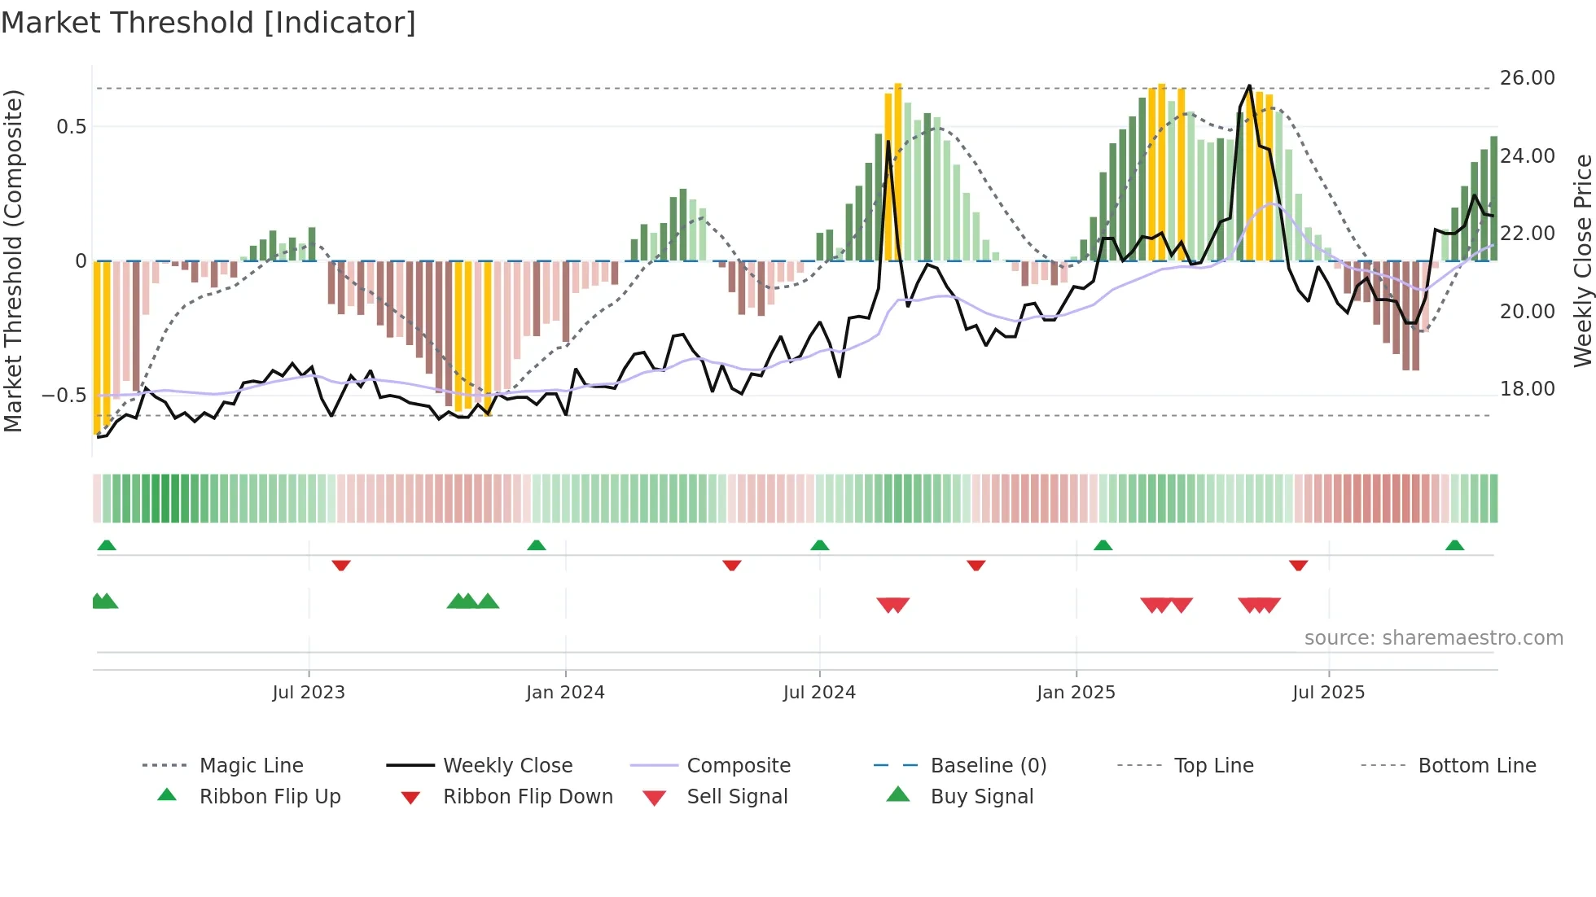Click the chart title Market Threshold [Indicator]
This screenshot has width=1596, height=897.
click(x=208, y=22)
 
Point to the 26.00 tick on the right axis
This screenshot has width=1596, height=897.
click(x=1527, y=78)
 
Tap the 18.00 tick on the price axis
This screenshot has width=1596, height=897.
click(x=1527, y=389)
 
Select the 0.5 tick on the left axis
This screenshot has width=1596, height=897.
click(x=71, y=127)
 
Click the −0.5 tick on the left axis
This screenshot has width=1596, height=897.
click(x=64, y=396)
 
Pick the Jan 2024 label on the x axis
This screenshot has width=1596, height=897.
click(x=565, y=693)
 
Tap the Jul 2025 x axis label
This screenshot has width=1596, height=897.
click(x=1328, y=693)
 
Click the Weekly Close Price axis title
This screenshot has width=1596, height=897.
click(x=1582, y=260)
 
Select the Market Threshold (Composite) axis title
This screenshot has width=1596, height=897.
click(x=13, y=260)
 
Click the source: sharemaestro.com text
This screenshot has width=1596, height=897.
click(x=1433, y=638)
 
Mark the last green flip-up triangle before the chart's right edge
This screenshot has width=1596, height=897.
click(x=1454, y=545)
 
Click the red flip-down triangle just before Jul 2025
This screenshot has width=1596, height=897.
click(x=1298, y=565)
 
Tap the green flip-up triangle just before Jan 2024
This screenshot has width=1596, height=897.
click(x=536, y=545)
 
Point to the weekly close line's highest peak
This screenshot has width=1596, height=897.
click(x=1249, y=85)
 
